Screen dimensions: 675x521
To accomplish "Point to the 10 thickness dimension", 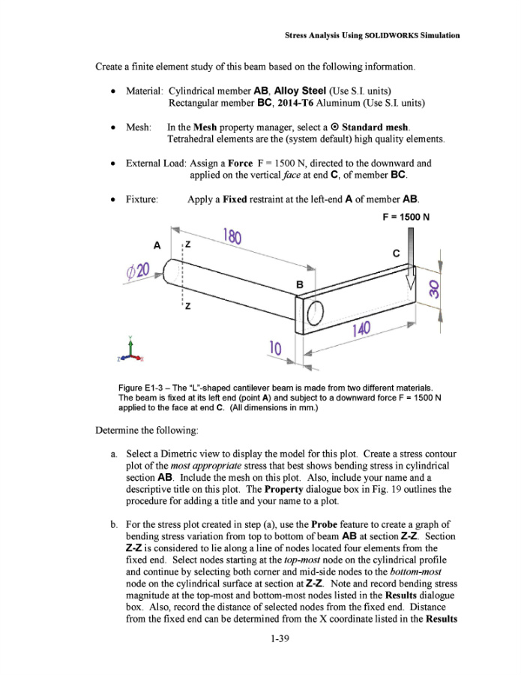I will pyautogui.click(x=276, y=348).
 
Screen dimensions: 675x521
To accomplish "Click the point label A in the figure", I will pyautogui.click(x=157, y=245).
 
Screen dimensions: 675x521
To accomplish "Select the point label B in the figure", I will pyautogui.click(x=300, y=285).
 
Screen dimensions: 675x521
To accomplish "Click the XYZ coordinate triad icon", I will pyautogui.click(x=131, y=352).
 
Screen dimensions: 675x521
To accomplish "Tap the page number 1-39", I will pyautogui.click(x=261, y=639).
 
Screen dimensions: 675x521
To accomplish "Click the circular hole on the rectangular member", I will pyautogui.click(x=316, y=309).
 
